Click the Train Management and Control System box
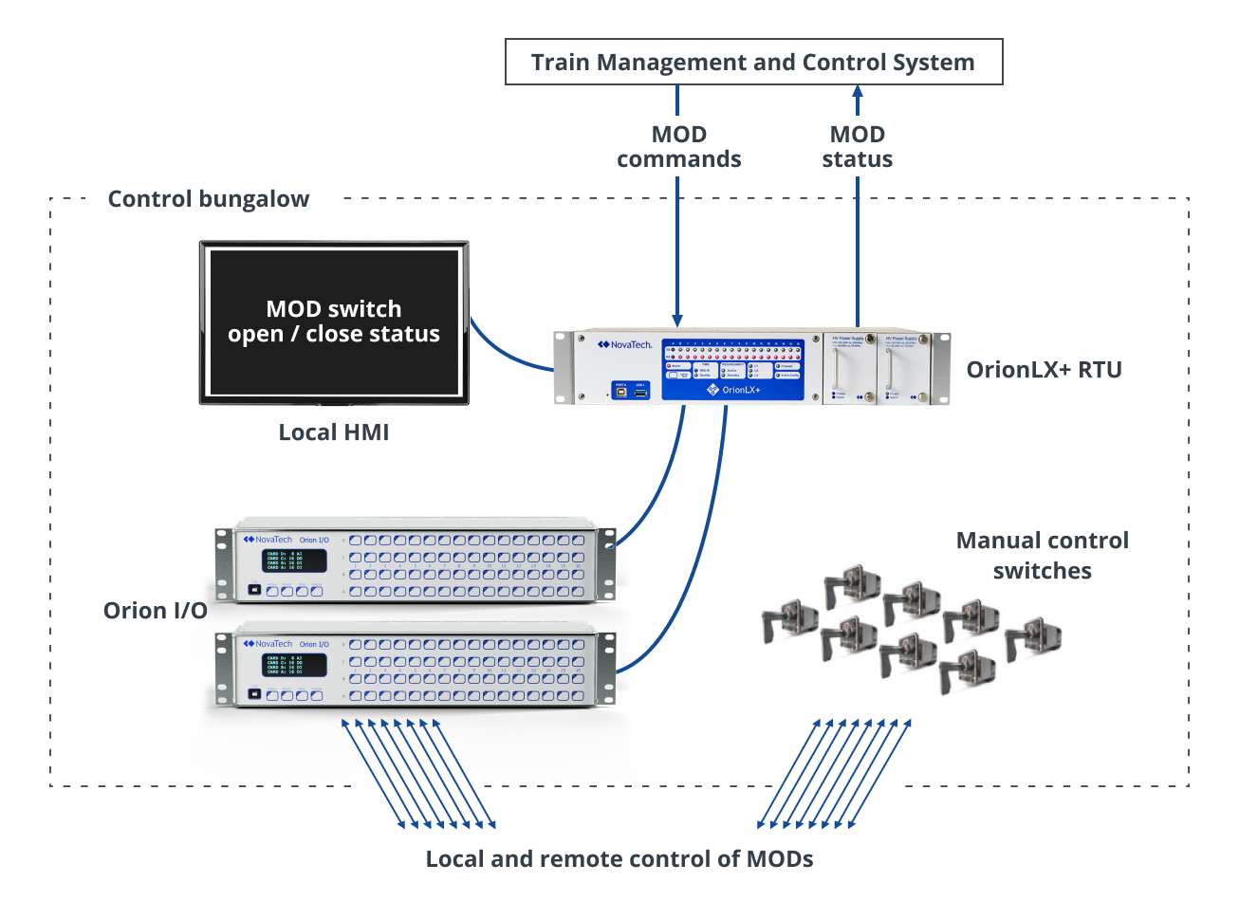tap(752, 63)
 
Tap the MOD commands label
tap(678, 147)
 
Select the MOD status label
tap(857, 147)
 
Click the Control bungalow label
tap(208, 199)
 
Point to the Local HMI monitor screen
tap(333, 322)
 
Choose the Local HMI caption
tap(333, 432)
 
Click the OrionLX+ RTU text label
tap(1044, 370)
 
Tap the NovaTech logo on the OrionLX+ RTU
tap(624, 345)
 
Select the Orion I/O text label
tap(155, 611)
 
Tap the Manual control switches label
tap(1042, 556)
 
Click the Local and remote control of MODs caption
tap(619, 859)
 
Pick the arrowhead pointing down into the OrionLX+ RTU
tap(677, 319)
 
